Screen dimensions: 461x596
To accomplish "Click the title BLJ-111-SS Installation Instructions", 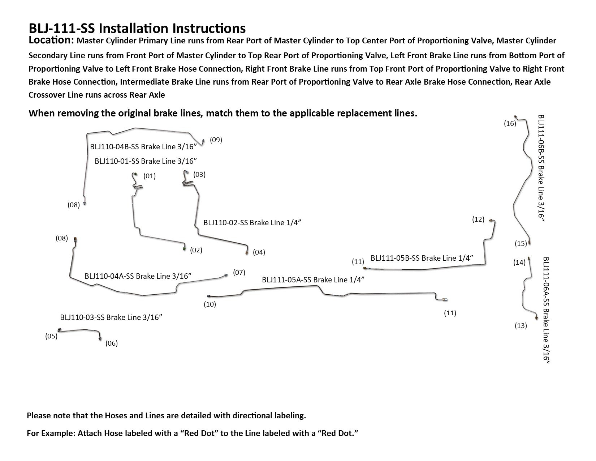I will (x=137, y=28).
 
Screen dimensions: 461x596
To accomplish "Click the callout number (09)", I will (x=216, y=140).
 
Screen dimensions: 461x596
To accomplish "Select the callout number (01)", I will (x=150, y=176).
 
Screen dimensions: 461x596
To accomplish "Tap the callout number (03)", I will (x=199, y=175).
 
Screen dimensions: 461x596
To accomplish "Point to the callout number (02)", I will (x=196, y=250).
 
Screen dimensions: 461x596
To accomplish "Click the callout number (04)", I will (x=259, y=252).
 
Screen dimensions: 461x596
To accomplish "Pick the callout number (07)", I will (x=239, y=273).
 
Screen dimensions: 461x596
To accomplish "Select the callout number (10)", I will (x=210, y=304).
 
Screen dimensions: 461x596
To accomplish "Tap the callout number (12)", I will (x=478, y=219).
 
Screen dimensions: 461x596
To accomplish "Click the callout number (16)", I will (x=510, y=124).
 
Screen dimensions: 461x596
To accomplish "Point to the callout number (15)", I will (x=521, y=244).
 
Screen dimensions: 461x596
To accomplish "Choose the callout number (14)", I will (x=519, y=262).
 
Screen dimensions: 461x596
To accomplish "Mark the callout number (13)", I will (x=521, y=326).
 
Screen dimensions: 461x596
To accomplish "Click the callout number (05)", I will (x=51, y=336).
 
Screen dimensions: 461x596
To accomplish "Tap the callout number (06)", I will (x=112, y=343).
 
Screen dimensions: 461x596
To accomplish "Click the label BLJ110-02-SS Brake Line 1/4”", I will (x=252, y=223).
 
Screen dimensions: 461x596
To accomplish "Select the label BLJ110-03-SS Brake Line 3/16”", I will (x=111, y=317).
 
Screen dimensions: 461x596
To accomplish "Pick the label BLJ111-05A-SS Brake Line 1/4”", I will (x=313, y=280).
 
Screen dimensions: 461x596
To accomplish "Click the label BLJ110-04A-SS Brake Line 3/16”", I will (x=138, y=276).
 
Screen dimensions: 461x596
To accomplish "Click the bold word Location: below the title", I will (x=51, y=40).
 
